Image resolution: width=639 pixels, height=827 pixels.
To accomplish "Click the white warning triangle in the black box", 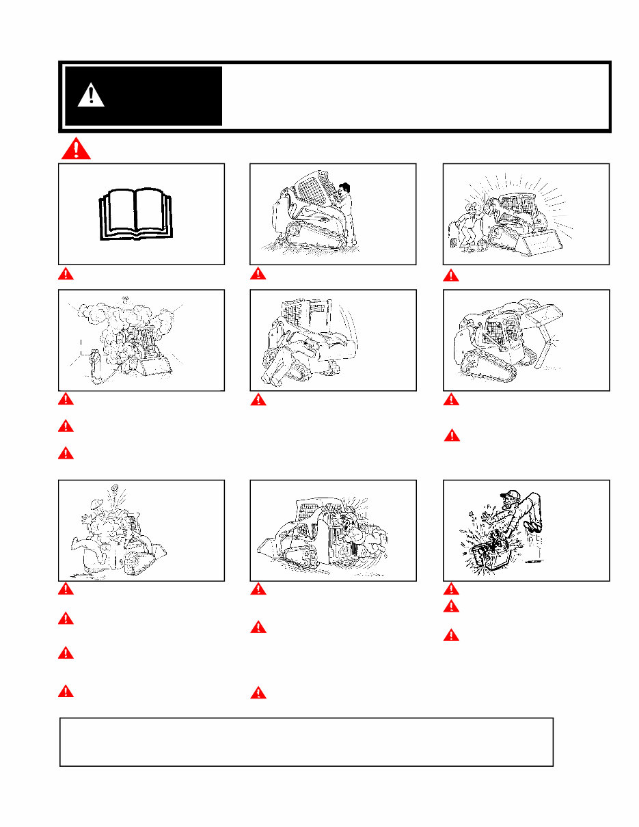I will [x=91, y=95].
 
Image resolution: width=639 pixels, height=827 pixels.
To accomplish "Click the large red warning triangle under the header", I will [x=76, y=148].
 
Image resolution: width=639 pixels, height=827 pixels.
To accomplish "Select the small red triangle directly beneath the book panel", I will [x=65, y=274].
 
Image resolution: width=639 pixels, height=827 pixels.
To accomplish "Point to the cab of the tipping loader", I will [x=304, y=318].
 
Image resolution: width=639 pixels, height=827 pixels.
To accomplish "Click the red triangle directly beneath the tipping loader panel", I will [x=258, y=400].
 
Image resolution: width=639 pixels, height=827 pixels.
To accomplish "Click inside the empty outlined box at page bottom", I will [x=306, y=742].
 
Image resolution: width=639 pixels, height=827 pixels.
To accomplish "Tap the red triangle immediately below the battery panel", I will [x=450, y=588].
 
